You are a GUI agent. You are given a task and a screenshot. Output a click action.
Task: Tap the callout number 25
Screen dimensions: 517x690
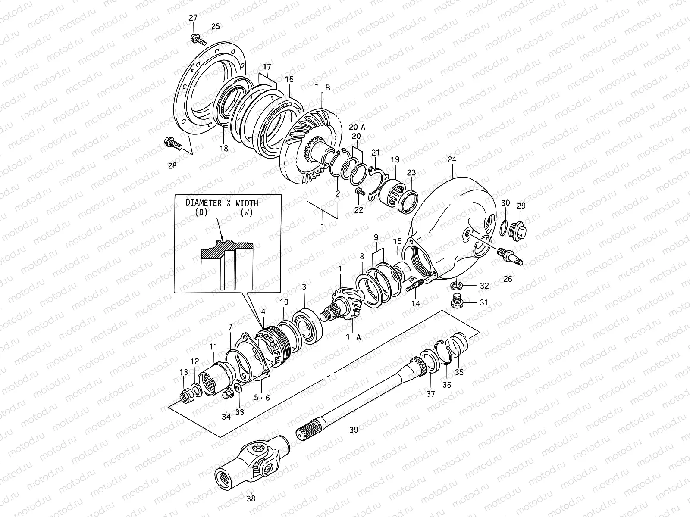coord(215,27)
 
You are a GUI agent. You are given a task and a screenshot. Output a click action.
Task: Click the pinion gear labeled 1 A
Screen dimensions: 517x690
coord(344,304)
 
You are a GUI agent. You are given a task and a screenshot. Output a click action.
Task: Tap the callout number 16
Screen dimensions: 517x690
coord(289,79)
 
